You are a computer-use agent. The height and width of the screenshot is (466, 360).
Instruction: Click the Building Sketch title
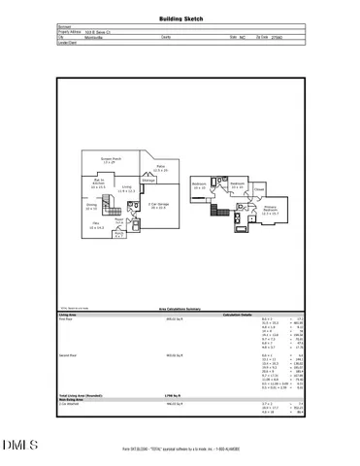coord(180,18)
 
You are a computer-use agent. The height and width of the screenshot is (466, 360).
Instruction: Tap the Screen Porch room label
coord(115,160)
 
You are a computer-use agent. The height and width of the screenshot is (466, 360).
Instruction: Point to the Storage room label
coord(148,181)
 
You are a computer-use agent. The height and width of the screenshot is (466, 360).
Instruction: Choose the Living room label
coord(125,189)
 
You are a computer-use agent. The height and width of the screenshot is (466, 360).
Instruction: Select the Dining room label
coord(90,207)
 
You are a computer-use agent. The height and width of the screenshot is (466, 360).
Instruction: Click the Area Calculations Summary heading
coord(180,309)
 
